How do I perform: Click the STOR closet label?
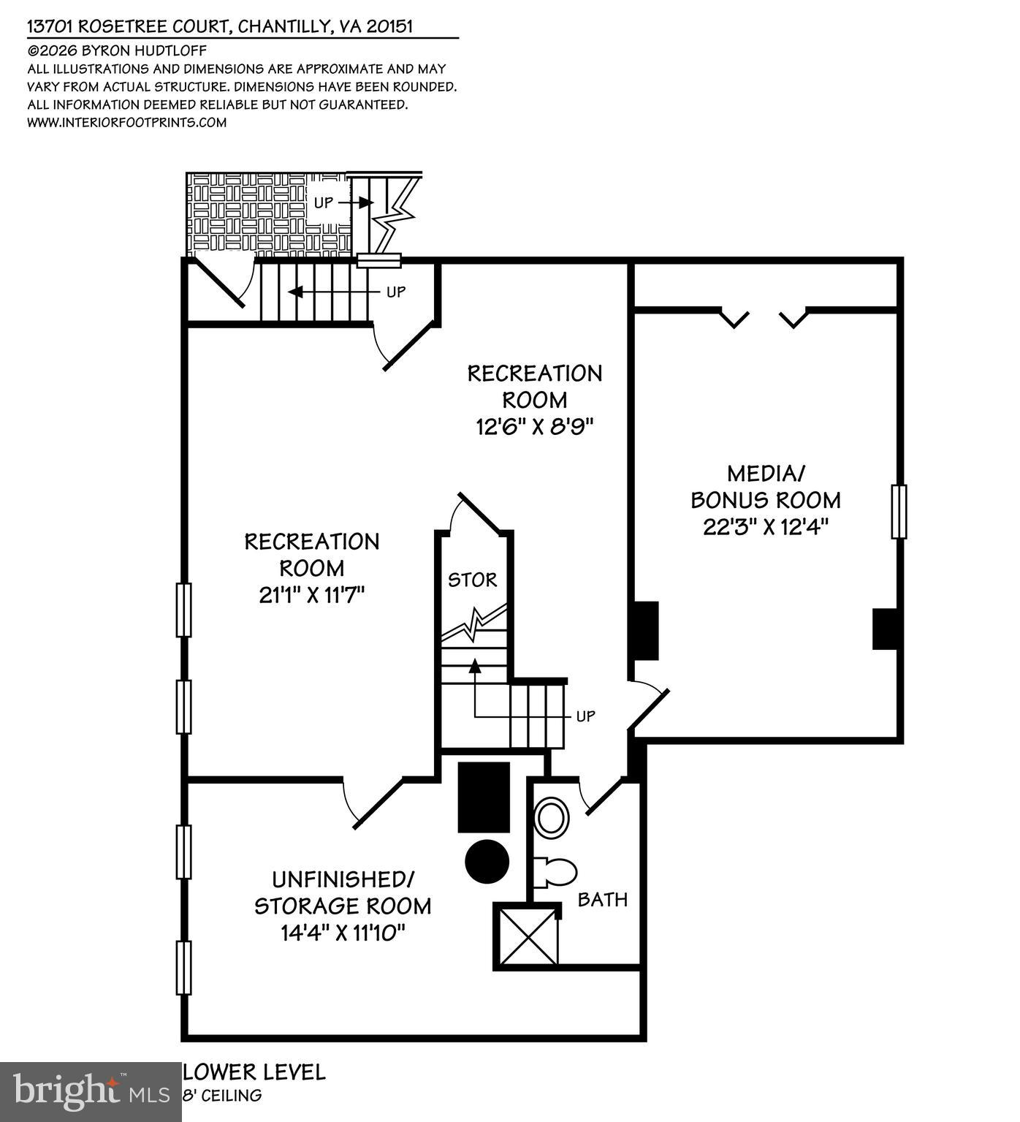click(472, 580)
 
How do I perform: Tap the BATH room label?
click(602, 899)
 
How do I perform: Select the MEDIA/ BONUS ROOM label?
click(765, 487)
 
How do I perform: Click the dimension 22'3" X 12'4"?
click(765, 526)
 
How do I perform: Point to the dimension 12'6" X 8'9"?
click(534, 427)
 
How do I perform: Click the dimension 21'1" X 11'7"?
click(311, 595)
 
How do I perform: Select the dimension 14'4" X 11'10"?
click(343, 933)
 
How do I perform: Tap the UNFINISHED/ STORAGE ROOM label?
click(343, 892)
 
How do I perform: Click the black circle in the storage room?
click(487, 861)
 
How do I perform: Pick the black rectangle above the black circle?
click(484, 797)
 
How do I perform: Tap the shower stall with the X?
click(526, 936)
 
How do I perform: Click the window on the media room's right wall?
click(899, 512)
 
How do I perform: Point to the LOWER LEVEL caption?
click(254, 1072)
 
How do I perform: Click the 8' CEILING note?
click(222, 1096)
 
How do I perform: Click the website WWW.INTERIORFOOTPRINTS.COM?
click(126, 123)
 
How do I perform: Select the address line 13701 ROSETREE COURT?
click(219, 27)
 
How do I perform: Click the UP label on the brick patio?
click(324, 202)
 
